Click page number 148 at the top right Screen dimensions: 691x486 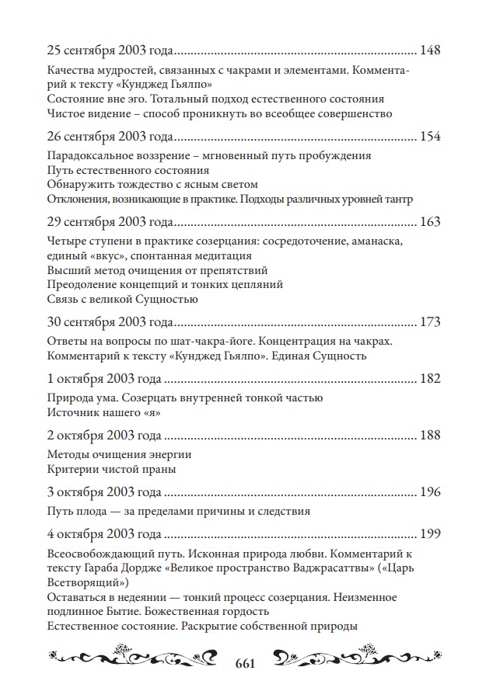click(429, 51)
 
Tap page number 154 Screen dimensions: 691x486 click(429, 137)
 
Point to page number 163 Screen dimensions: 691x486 click(429, 222)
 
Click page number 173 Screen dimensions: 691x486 click(429, 321)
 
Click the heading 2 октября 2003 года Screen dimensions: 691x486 click(104, 436)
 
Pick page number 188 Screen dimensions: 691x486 click(429, 436)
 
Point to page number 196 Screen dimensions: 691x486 click(429, 493)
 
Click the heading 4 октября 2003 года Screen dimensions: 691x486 click(104, 535)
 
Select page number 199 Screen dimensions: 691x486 click(429, 535)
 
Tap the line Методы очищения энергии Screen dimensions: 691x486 click(119, 455)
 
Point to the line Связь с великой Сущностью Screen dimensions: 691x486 click(122, 298)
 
